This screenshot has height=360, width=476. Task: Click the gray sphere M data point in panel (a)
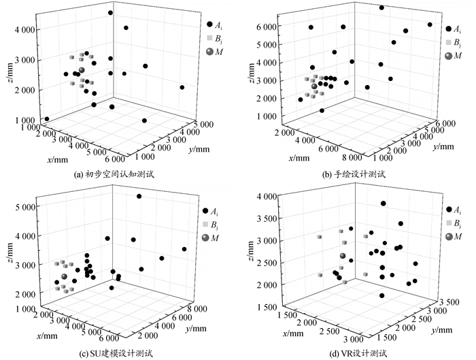click(x=81, y=71)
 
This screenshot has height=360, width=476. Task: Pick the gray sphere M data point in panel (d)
click(x=343, y=257)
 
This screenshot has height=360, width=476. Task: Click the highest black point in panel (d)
click(x=384, y=203)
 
